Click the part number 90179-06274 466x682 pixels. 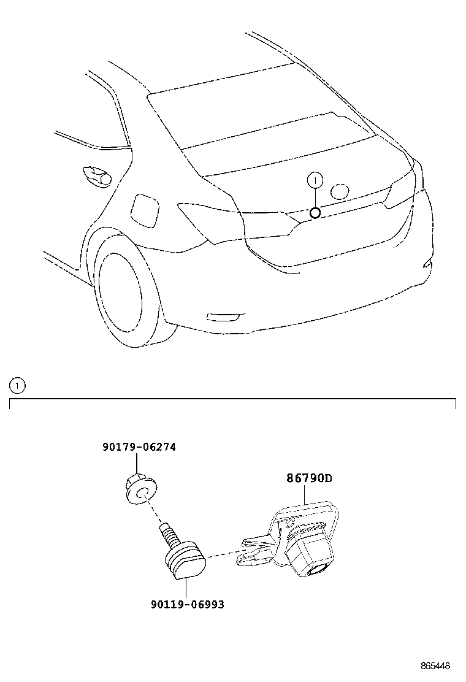tap(139, 446)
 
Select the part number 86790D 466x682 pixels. tap(309, 478)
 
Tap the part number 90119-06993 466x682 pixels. tap(188, 604)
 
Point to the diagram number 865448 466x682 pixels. tap(435, 666)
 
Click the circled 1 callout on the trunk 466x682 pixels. tap(315, 180)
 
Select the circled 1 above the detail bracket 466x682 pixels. tap(17, 385)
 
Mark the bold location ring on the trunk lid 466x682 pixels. tap(315, 213)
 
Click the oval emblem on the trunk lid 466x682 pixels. tap(340, 191)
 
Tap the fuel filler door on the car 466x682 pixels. tap(145, 211)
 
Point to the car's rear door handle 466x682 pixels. tap(97, 176)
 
